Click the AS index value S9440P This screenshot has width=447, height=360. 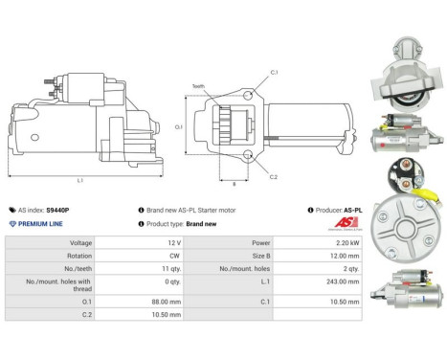pyautogui.click(x=58, y=209)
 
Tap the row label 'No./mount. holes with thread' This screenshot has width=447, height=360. pyautogui.click(x=59, y=284)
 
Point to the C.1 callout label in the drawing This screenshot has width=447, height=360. pyautogui.click(x=274, y=74)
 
